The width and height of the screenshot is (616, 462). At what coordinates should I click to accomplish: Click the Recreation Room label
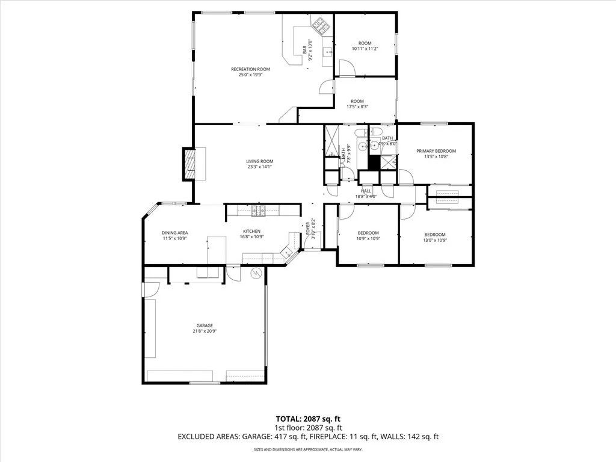[250, 69]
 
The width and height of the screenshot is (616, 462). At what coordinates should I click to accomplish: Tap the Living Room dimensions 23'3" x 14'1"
[259, 167]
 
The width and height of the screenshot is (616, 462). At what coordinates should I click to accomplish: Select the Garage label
[204, 325]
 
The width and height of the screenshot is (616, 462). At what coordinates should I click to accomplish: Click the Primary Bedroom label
[436, 151]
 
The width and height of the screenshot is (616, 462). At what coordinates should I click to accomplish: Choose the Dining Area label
[174, 233]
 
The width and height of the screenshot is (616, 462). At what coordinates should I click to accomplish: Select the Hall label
[366, 190]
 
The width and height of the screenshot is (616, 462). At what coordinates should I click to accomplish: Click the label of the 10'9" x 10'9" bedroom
[368, 233]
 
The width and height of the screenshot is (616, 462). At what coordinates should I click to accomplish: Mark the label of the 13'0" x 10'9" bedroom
[434, 235]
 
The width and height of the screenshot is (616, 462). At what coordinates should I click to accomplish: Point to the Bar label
[305, 51]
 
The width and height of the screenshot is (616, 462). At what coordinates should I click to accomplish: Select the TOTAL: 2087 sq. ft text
[307, 419]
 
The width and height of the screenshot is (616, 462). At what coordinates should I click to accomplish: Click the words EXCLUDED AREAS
[205, 437]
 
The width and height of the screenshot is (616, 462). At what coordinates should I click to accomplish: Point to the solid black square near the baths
[374, 163]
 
